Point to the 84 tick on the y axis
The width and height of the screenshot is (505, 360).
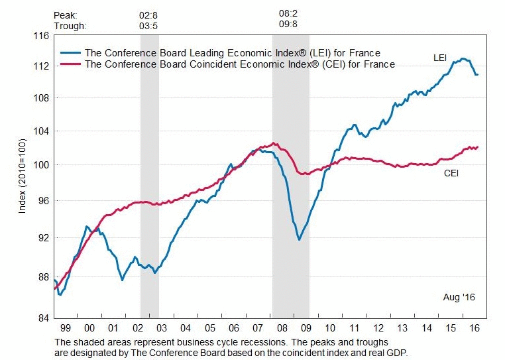pos(43,318)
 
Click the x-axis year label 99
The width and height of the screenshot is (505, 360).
pos(65,328)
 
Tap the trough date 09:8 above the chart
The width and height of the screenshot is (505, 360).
pos(288,26)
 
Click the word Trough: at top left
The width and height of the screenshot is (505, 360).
pos(69,26)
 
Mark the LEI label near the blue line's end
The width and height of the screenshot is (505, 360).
pos(441,58)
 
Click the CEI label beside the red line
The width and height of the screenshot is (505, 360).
pos(451,174)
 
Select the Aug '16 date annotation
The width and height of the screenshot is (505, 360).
pos(459,297)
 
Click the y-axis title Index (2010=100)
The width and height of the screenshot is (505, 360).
pos(23,176)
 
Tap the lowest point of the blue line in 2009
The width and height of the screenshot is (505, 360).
pos(299,239)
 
